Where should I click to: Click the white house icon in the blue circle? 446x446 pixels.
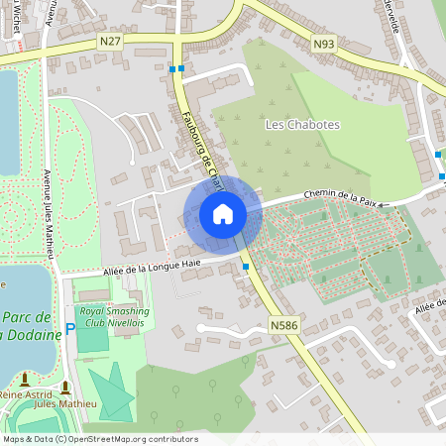pyautogui.click(x=223, y=214)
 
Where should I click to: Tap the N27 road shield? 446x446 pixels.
pyautogui.click(x=110, y=41)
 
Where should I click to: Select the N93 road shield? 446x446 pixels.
pyautogui.click(x=322, y=44)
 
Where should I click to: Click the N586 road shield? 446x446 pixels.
pyautogui.click(x=283, y=324)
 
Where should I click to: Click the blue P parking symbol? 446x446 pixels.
pyautogui.click(x=69, y=328)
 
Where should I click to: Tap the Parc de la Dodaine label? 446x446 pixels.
pyautogui.click(x=30, y=326)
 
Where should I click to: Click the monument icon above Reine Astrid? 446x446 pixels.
pyautogui.click(x=25, y=380)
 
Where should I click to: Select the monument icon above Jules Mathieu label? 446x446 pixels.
pyautogui.click(x=66, y=387)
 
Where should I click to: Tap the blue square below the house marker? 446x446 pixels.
pyautogui.click(x=246, y=267)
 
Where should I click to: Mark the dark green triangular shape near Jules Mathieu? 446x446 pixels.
pyautogui.click(x=114, y=391)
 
